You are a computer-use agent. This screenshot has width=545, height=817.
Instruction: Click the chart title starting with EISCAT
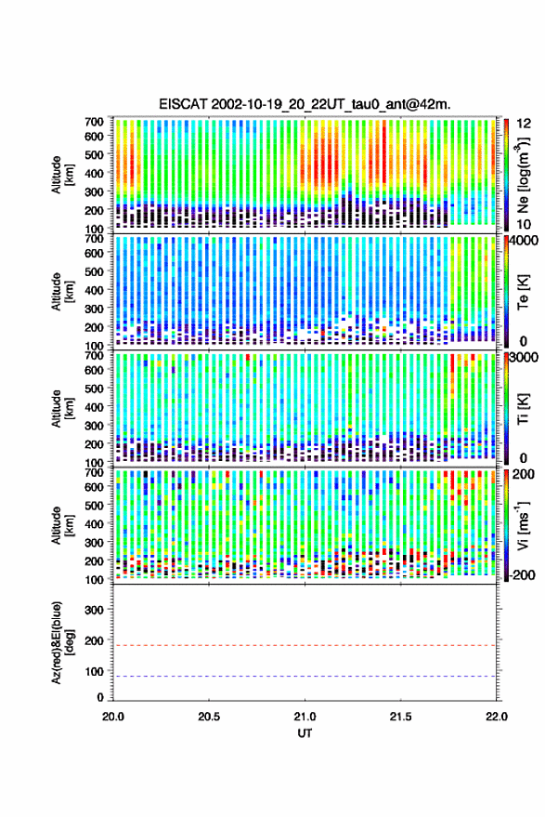tap(305, 104)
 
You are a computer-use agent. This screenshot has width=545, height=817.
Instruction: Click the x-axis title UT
tap(305, 733)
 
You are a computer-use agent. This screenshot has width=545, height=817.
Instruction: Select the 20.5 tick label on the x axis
tap(209, 717)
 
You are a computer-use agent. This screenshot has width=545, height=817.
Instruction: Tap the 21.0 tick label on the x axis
tap(305, 717)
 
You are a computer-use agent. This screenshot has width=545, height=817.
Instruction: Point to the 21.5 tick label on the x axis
tap(400, 717)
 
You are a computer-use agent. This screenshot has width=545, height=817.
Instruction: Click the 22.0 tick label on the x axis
tap(496, 717)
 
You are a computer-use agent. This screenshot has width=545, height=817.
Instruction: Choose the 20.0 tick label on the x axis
tap(113, 717)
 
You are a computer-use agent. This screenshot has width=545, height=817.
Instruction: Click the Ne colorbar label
tap(523, 175)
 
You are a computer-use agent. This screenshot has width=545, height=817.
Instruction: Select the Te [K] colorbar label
tap(523, 292)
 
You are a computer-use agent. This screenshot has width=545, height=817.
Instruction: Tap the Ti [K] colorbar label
tap(523, 409)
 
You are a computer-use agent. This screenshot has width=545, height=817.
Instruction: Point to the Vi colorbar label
tap(523, 525)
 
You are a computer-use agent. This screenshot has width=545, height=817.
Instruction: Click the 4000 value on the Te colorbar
tap(524, 242)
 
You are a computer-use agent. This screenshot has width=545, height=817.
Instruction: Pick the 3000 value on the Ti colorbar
tap(524, 358)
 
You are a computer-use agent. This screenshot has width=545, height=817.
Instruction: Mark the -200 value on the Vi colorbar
tap(522, 575)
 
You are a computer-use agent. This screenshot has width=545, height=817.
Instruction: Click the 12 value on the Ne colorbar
tap(524, 124)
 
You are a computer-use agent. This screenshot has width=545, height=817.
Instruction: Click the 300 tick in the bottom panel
tap(94, 610)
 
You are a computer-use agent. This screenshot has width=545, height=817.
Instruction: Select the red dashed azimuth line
tap(305, 646)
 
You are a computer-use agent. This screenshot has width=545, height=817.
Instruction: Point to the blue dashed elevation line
tap(305, 677)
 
